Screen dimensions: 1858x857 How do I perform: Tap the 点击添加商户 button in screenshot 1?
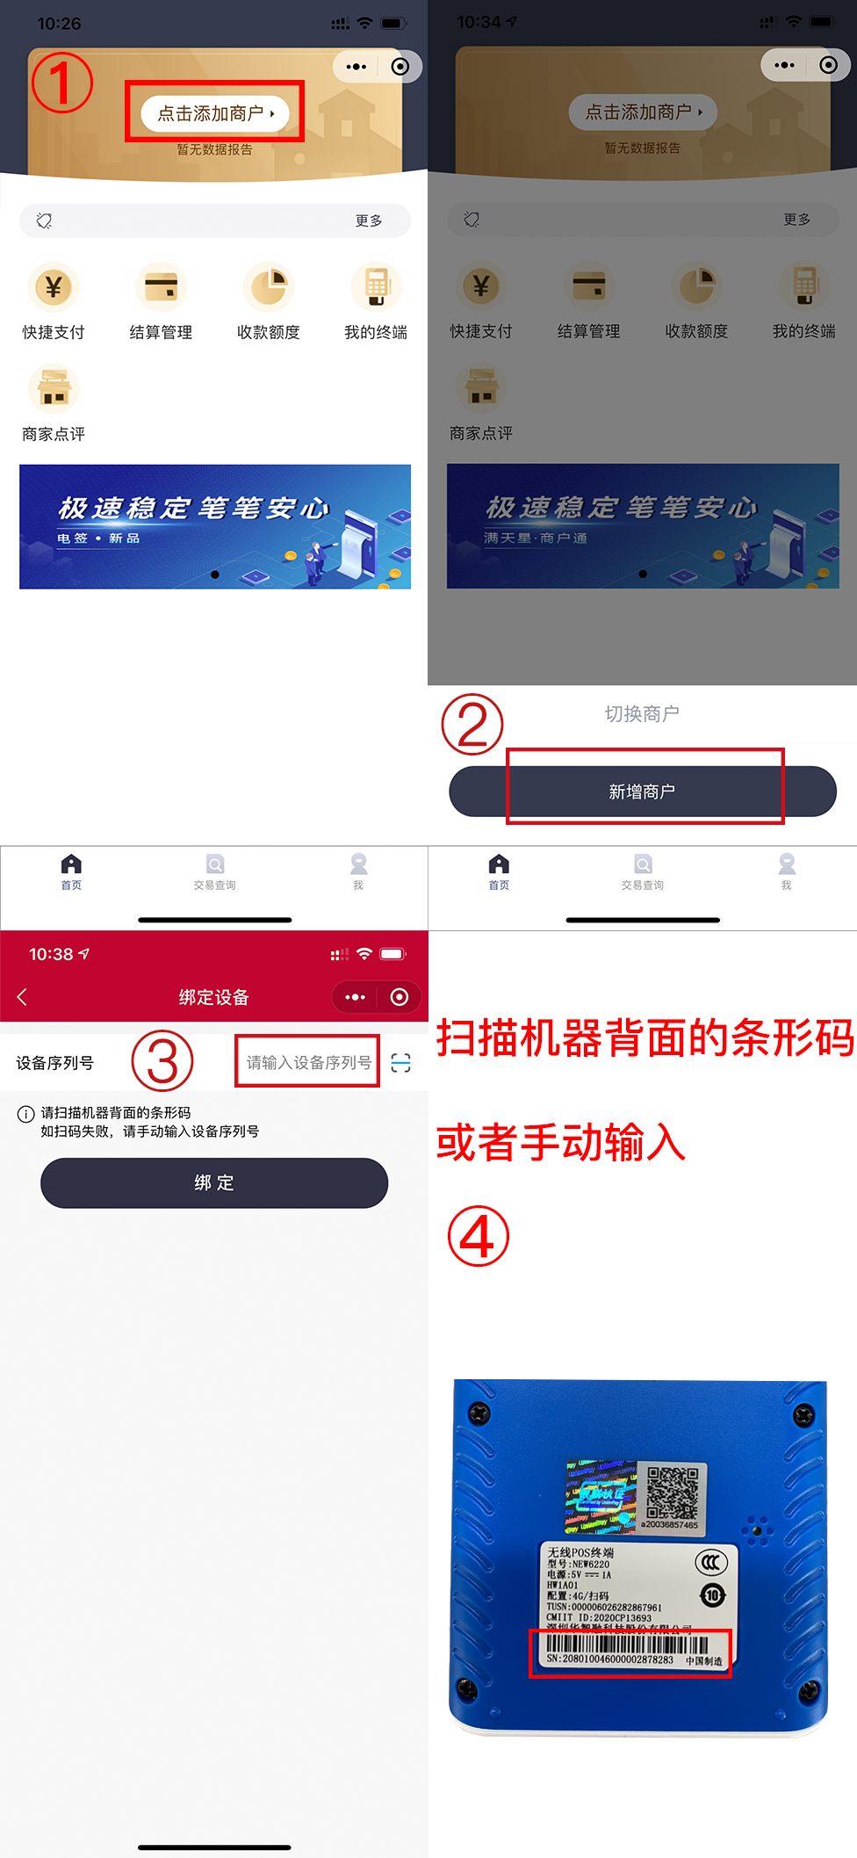tap(215, 113)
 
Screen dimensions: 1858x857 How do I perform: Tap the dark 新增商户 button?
tap(642, 792)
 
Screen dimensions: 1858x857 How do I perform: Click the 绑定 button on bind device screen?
tap(214, 1182)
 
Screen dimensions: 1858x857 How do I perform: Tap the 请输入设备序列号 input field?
tap(308, 1062)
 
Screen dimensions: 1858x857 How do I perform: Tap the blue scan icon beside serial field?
tap(401, 1063)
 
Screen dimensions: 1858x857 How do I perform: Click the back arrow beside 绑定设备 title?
tap(23, 996)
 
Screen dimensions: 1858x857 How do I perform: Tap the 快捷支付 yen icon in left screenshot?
tap(54, 287)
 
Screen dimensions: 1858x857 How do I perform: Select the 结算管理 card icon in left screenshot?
tap(161, 287)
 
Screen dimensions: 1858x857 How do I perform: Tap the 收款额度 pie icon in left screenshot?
tap(269, 287)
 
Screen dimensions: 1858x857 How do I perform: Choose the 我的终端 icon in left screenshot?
tap(376, 287)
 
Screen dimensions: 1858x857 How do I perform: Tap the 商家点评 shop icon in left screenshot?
tap(54, 389)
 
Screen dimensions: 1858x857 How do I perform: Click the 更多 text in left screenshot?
tap(369, 221)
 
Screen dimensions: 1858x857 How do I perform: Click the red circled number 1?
tap(61, 83)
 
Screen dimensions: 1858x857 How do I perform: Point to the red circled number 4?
tap(479, 1236)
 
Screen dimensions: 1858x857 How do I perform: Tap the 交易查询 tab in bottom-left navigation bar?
tap(215, 871)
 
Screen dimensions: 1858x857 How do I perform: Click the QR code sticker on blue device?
tap(673, 1491)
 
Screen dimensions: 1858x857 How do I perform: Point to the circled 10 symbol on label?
tap(712, 1594)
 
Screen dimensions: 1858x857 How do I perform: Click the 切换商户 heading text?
tap(642, 713)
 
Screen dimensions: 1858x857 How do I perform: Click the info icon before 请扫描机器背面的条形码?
tap(26, 1114)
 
